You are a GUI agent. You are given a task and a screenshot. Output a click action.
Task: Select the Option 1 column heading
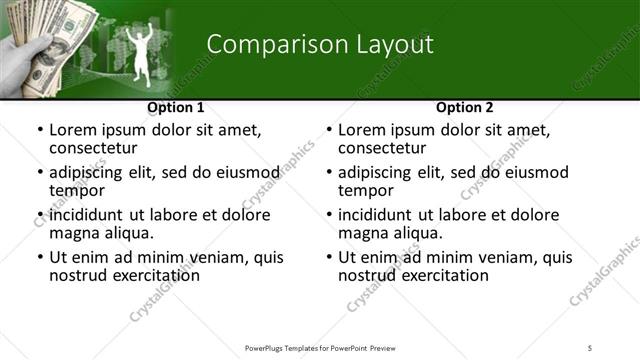pyautogui.click(x=175, y=107)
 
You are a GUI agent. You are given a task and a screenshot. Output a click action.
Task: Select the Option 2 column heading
pyautogui.click(x=464, y=107)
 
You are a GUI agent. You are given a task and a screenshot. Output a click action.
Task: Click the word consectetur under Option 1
pyautogui.click(x=97, y=148)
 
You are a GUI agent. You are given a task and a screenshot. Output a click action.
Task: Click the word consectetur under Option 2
pyautogui.click(x=386, y=148)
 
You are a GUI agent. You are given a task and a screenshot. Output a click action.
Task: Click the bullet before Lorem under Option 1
pyautogui.click(x=39, y=130)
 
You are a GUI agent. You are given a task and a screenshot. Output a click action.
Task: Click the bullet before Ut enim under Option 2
pyautogui.click(x=328, y=258)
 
